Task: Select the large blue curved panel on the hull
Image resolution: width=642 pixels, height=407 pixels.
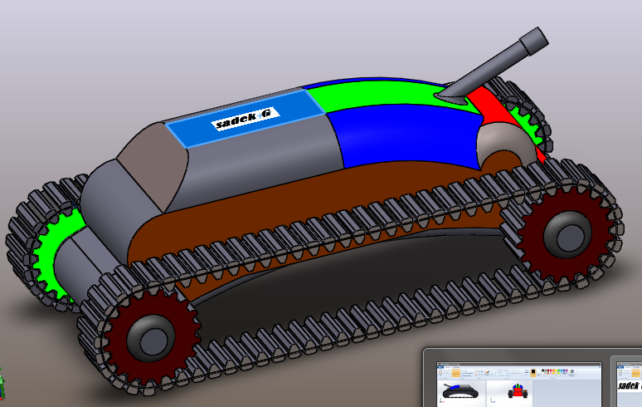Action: coord(398,133)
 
